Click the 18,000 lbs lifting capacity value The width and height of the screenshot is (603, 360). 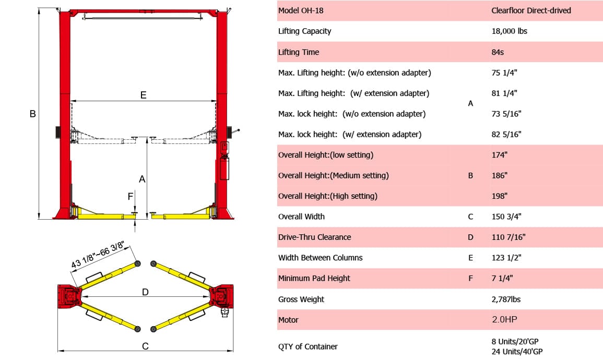509,31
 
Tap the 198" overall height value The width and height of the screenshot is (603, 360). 499,196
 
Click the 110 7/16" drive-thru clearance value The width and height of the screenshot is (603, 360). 508,237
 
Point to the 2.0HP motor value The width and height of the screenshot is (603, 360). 504,320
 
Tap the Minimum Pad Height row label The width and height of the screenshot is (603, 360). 314,279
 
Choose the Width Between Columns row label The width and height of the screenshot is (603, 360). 320,258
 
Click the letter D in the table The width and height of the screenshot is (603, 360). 470,237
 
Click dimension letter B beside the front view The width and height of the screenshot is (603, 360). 32,114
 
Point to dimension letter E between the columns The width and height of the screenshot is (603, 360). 143,95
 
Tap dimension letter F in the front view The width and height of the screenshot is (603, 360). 131,197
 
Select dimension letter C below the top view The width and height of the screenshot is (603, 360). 145,346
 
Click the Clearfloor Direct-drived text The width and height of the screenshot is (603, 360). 531,10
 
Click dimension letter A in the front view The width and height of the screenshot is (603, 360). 141,179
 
